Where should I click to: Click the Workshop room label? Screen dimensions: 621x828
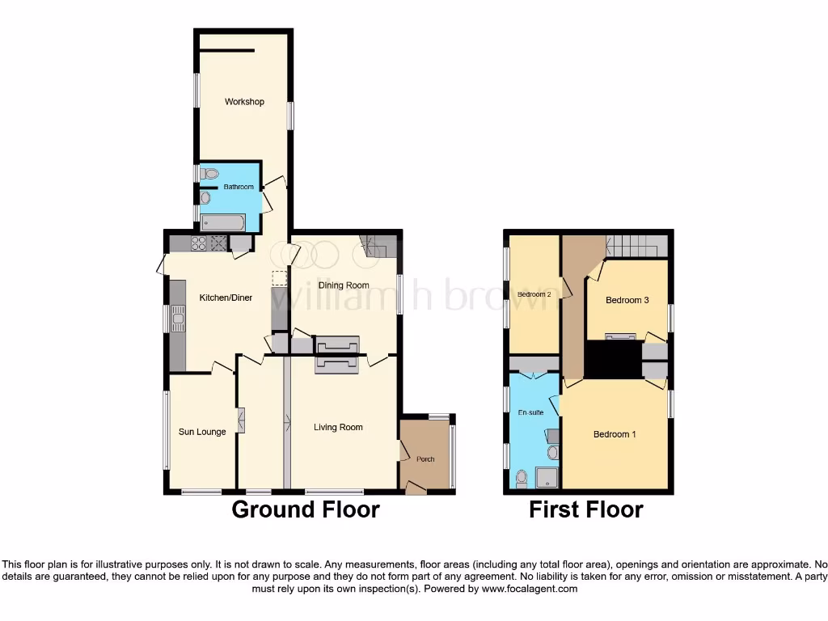[244, 102]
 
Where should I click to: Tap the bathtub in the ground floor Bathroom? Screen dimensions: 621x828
[222, 222]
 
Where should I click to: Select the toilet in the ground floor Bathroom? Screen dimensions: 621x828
[209, 173]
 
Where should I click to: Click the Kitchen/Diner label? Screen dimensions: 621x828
[226, 298]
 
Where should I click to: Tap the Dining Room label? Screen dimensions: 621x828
[344, 285]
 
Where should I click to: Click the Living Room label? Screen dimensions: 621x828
[338, 427]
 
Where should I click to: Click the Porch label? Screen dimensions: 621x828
[425, 459]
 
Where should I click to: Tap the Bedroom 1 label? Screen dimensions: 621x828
[615, 434]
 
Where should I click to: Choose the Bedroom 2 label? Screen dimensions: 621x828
[534, 294]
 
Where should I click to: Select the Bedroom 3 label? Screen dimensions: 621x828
[627, 300]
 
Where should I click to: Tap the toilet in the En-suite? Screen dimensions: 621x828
[522, 479]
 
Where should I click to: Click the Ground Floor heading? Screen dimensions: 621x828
[306, 509]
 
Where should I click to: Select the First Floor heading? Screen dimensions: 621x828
[585, 509]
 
